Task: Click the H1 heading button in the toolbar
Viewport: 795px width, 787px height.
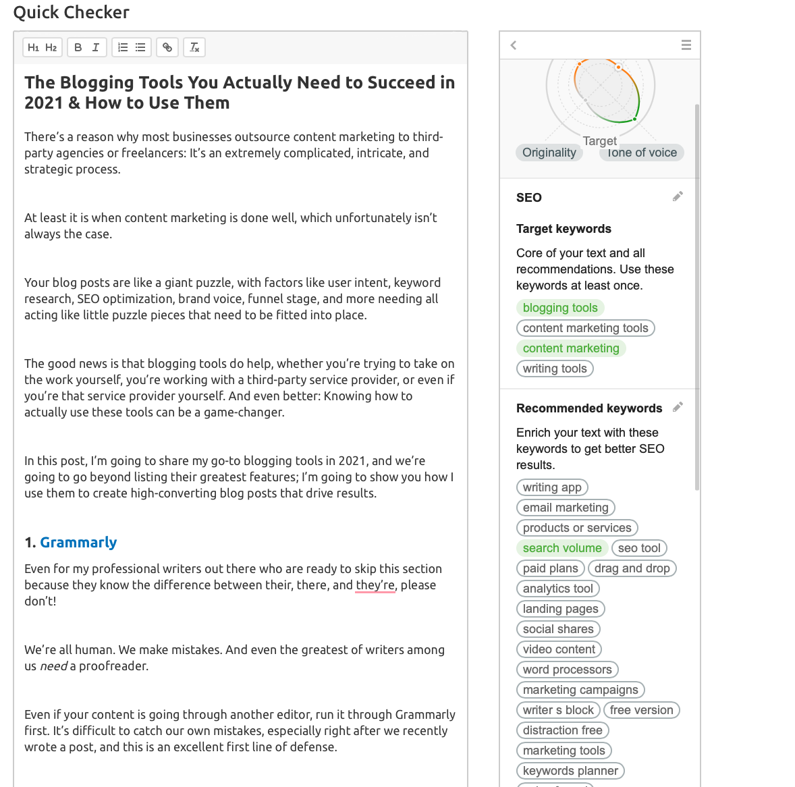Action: tap(33, 47)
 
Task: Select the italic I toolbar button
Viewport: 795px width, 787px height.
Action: tap(96, 47)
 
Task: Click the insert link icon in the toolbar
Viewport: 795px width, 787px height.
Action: tap(167, 47)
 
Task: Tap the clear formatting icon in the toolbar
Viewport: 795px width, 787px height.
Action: tap(194, 47)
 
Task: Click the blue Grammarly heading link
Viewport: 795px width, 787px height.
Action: tap(78, 543)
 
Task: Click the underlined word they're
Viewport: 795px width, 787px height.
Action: tap(375, 585)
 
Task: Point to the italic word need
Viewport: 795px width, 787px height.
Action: tap(53, 666)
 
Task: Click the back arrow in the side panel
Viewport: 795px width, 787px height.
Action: tap(514, 45)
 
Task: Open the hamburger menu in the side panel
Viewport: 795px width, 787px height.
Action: tap(686, 45)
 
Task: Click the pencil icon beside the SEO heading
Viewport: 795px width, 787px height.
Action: tap(678, 196)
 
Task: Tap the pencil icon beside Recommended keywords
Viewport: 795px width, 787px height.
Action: tap(678, 407)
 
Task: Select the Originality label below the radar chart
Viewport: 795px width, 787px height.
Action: tap(549, 153)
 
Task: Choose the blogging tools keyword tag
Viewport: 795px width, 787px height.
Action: tap(560, 308)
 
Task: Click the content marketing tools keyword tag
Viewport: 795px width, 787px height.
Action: tap(585, 328)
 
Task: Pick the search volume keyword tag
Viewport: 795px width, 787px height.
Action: tap(562, 548)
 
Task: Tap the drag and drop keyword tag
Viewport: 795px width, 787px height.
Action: tap(632, 568)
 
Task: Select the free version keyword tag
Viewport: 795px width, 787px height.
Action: tap(641, 710)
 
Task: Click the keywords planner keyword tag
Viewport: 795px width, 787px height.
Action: tap(570, 771)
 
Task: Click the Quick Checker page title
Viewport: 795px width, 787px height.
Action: tap(72, 13)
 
